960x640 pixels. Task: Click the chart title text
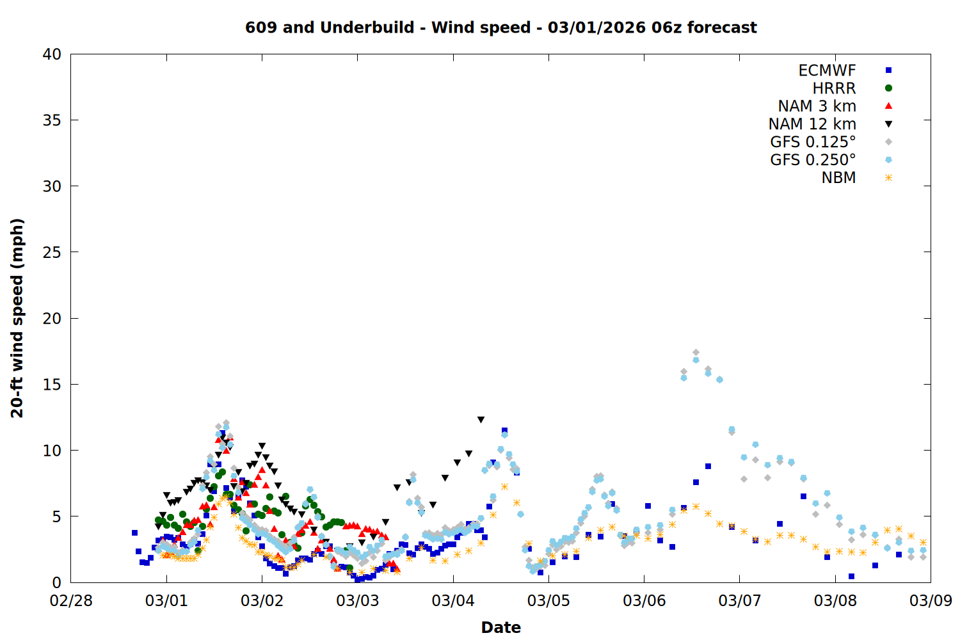click(500, 28)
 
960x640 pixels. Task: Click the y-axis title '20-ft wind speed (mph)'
click(17, 318)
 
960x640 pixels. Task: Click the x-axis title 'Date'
click(500, 627)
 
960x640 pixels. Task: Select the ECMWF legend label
click(827, 70)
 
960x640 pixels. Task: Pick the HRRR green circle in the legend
click(888, 88)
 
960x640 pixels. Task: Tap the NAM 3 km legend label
click(817, 106)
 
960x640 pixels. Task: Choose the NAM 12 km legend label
click(812, 124)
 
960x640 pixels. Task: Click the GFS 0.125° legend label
click(813, 142)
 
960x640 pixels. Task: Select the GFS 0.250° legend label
click(813, 160)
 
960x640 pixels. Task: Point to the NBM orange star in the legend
click(888, 178)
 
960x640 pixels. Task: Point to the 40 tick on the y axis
click(52, 54)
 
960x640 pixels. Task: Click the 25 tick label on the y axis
click(52, 252)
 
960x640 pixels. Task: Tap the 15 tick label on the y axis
click(52, 384)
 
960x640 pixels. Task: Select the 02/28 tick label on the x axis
click(71, 601)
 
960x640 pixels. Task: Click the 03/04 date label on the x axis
click(453, 601)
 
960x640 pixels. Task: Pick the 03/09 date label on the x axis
click(931, 601)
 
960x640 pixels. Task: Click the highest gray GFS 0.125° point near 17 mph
click(696, 353)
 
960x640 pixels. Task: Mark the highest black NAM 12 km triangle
click(481, 420)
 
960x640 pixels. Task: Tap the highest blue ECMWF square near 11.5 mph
click(504, 431)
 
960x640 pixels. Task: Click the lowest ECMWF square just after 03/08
click(851, 576)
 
